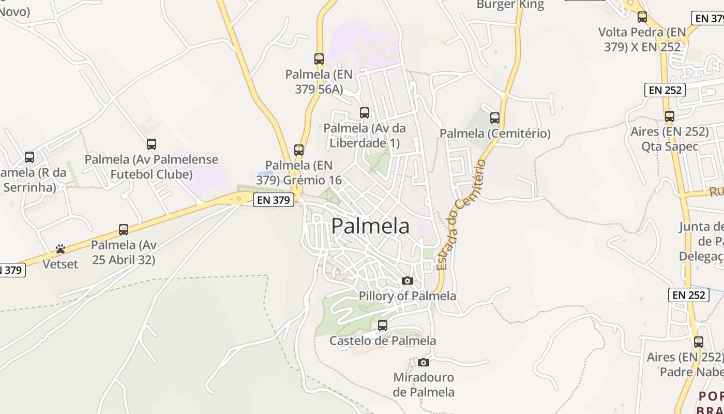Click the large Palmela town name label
pos(370,226)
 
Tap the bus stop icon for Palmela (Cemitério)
pos(495,118)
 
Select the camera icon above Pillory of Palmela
pos(408,280)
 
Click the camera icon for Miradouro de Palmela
pos(424,362)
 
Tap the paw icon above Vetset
pos(61,249)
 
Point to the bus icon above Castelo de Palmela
pos(383,326)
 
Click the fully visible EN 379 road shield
pos(274,200)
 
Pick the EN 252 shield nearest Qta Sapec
pos(665,90)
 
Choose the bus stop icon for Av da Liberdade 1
pos(365,112)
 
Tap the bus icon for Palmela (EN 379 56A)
pos(319,59)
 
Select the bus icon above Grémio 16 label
pos(299,150)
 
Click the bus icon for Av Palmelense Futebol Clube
pos(152,144)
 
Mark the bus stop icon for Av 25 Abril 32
pos(124,230)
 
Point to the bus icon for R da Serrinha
pos(29,157)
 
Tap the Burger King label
pos(510,5)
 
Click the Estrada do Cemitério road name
pos(461,215)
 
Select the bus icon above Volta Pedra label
pos(642,17)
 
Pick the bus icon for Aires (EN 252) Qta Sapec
pos(670,116)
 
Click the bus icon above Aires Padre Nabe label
pos(699,342)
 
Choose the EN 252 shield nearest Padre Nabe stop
pos(689,295)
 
